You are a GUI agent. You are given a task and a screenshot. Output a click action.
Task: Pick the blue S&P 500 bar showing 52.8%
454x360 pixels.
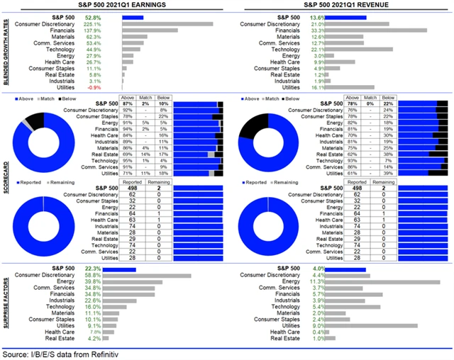(133, 16)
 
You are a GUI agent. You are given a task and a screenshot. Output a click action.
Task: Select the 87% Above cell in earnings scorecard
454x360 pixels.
(128, 104)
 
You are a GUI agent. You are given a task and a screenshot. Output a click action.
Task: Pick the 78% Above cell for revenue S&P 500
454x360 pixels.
(353, 104)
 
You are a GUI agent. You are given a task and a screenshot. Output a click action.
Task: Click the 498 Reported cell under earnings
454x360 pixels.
(128, 189)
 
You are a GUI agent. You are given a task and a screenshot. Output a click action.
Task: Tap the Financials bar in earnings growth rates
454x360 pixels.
(150, 30)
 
